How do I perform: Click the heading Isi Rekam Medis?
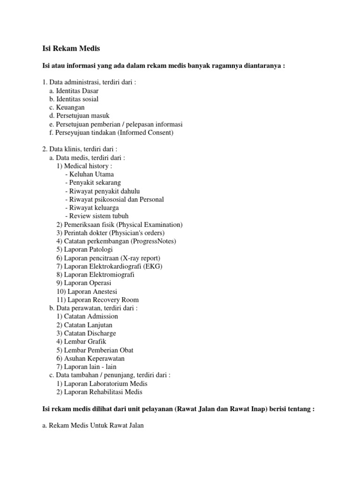[69, 48]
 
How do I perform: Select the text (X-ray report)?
[140, 258]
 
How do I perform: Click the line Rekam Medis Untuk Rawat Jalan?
[94, 426]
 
